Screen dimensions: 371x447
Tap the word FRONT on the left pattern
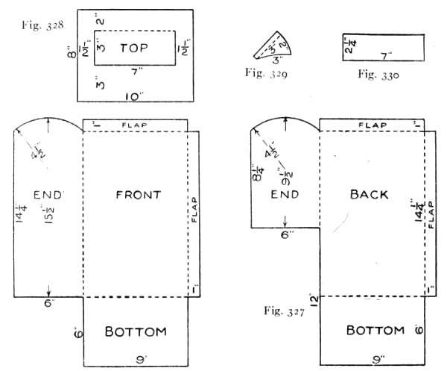139,195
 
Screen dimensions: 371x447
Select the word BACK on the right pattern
369,194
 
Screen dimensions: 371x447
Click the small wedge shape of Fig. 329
271,48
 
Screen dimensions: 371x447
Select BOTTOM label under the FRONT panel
135,331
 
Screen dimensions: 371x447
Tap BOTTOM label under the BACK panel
375,330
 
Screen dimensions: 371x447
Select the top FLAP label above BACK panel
373,124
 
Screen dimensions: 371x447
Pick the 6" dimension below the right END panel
284,234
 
